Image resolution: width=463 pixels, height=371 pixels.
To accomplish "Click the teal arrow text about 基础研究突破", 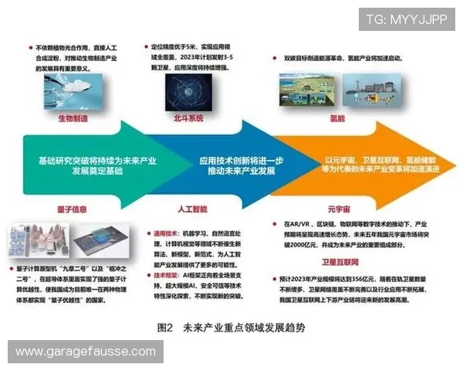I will pyautogui.click(x=91, y=164).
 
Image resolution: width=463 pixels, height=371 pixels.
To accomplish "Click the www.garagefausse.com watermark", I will pyautogui.click(x=86, y=352).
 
